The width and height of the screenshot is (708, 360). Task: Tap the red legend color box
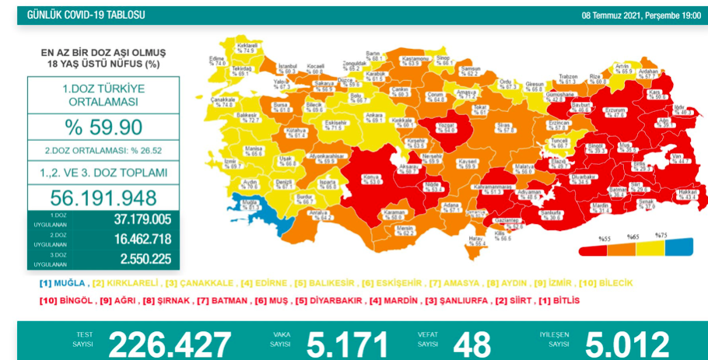coord(594,248)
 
